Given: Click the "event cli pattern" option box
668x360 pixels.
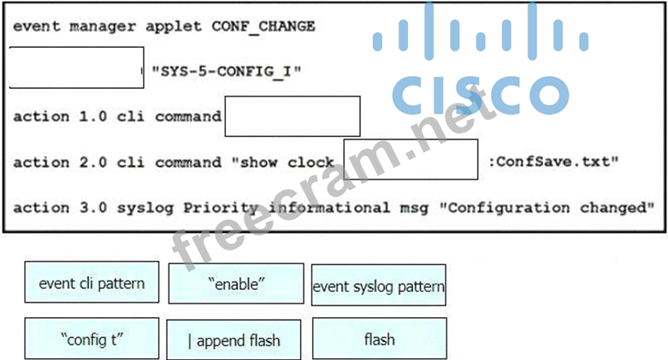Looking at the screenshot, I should [92, 283].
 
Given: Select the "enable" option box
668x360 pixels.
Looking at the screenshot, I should [235, 283].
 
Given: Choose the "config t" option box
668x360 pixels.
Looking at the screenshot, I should [92, 339].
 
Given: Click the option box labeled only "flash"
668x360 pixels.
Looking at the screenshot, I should [379, 339].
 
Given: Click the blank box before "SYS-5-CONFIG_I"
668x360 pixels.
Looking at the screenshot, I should [76, 68].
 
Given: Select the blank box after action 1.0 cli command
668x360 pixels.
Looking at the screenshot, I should [293, 116].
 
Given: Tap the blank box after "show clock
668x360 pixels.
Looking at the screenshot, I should [411, 160].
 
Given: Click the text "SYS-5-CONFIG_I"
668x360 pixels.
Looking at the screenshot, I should [226, 71].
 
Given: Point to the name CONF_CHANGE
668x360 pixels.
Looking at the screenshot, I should [263, 26].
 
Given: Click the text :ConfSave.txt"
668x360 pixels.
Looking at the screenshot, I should [553, 162].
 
